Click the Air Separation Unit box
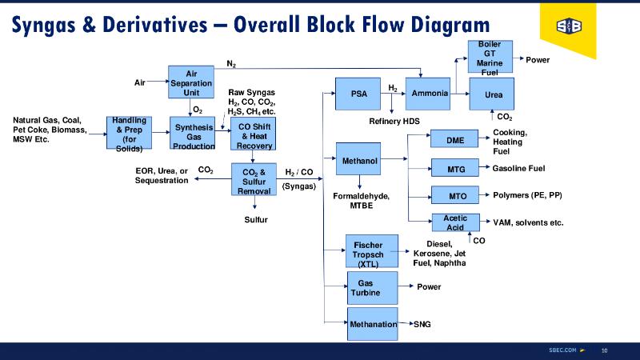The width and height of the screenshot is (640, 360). tap(191, 82)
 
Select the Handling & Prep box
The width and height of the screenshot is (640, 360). tap(129, 133)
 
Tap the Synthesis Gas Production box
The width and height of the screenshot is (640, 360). tap(194, 133)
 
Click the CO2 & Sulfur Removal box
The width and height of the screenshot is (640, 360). tap(254, 179)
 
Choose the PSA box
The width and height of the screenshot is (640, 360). tap(358, 94)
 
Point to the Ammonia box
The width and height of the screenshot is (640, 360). tap(428, 94)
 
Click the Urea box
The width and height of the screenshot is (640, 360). tap(493, 94)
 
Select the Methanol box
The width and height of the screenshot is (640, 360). tap(359, 162)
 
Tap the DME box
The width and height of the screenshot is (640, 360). tap(455, 140)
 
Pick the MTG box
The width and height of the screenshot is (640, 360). tap(455, 168)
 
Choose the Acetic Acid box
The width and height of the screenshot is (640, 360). tap(455, 222)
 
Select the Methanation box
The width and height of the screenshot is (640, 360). tap(374, 324)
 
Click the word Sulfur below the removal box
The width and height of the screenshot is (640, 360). tap(256, 220)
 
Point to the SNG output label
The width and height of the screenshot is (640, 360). tap(422, 325)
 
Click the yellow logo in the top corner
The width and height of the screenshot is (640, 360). tap(569, 29)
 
